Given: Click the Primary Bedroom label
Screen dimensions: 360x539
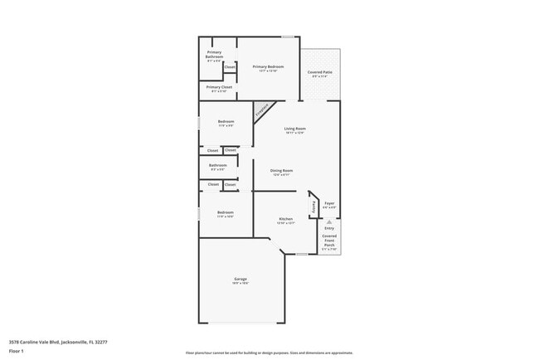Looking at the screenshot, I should coord(268,66).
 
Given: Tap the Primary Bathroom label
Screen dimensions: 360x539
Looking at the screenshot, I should coord(214,55).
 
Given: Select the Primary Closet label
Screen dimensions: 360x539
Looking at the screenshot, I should coord(219,86).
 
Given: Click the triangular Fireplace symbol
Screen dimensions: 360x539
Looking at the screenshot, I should coord(262,109).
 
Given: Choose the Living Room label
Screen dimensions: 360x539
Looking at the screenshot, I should coord(295,129).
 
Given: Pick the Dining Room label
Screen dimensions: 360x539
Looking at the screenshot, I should coord(282,171).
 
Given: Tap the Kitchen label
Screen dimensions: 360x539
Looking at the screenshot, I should coord(285,219).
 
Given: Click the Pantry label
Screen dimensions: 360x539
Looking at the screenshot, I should coord(313,207).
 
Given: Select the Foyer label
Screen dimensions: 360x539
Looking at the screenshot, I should coord(329,203).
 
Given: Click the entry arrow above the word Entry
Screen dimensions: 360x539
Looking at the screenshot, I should coord(329,221).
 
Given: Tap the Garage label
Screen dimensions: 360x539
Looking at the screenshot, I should coord(240,279).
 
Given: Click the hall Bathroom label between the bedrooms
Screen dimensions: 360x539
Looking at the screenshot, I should coord(217,165).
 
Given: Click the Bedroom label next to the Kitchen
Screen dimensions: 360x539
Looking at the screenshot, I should coord(226,212).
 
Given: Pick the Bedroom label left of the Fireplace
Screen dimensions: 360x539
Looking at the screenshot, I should coord(226,122).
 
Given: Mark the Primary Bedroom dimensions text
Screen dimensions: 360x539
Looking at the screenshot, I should coord(268,71).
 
